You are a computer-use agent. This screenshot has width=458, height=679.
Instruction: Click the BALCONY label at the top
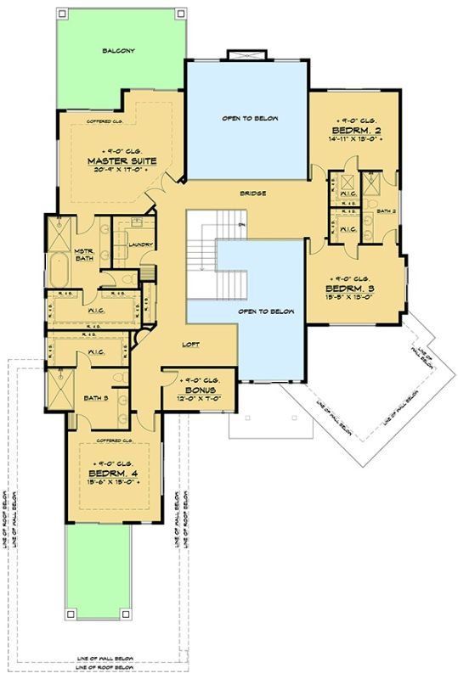point(120,51)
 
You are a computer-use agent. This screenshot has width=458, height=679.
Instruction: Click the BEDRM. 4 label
point(112,473)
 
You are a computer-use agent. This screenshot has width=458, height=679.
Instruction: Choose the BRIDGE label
point(253,194)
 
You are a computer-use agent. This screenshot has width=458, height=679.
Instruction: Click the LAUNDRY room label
point(141,245)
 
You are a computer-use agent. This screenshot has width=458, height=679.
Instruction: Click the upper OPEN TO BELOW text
point(250,118)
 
